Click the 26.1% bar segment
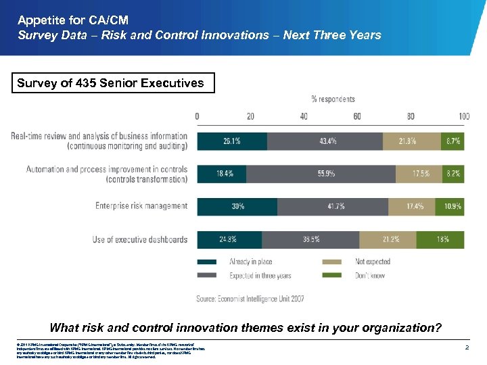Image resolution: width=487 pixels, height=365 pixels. [x=232, y=141]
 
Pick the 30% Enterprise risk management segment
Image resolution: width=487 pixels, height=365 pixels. [x=237, y=206]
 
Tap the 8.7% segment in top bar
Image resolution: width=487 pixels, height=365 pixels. [x=453, y=141]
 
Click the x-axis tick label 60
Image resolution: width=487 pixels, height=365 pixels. [x=356, y=116]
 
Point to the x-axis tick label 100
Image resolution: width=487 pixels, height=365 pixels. [x=463, y=116]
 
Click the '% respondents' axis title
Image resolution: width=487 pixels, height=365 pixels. [x=333, y=99]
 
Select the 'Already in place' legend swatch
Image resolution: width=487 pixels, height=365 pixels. [x=207, y=262]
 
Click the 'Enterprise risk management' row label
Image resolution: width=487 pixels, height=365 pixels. [x=141, y=206]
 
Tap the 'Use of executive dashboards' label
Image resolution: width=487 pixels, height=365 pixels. [x=140, y=239]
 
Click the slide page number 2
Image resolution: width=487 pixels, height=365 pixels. [x=467, y=347]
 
